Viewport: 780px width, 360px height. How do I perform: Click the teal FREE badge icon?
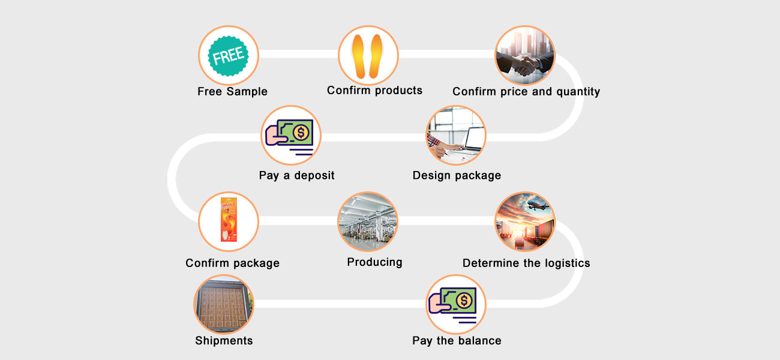[x=229, y=56]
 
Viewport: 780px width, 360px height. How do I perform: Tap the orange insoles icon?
[x=368, y=56]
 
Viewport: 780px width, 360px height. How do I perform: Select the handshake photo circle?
[x=524, y=56]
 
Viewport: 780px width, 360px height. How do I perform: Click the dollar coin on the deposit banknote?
[x=301, y=131]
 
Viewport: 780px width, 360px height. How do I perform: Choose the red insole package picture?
[x=229, y=220]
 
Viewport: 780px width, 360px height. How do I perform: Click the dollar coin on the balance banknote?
[x=464, y=299]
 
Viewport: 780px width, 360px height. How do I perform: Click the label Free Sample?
[x=232, y=92]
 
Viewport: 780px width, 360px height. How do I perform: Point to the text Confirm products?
[x=374, y=91]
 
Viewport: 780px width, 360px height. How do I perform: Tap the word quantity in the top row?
[x=575, y=92]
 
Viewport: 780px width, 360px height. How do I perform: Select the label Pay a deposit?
[x=296, y=175]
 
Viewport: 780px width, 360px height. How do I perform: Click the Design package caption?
[x=457, y=175]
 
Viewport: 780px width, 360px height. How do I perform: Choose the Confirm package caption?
[x=232, y=263]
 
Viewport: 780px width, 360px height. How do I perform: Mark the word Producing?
[x=374, y=262]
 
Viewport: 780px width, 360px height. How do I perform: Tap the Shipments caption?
[x=224, y=341]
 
